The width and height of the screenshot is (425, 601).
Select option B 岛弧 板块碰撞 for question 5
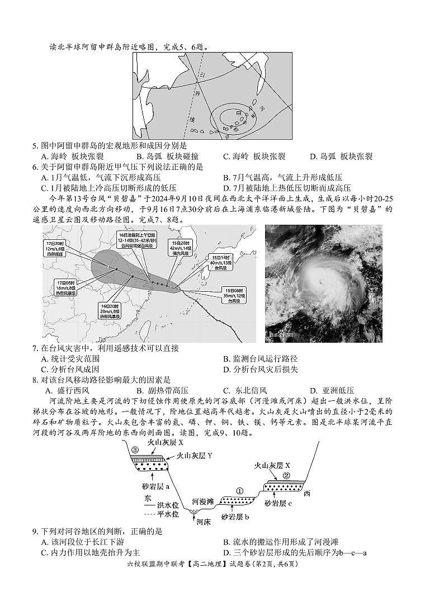coord(164,157)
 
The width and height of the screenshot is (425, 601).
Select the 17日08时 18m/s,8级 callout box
coord(66,287)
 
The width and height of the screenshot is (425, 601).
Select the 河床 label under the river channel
coord(203,522)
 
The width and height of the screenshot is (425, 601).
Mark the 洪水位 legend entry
coord(163,507)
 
